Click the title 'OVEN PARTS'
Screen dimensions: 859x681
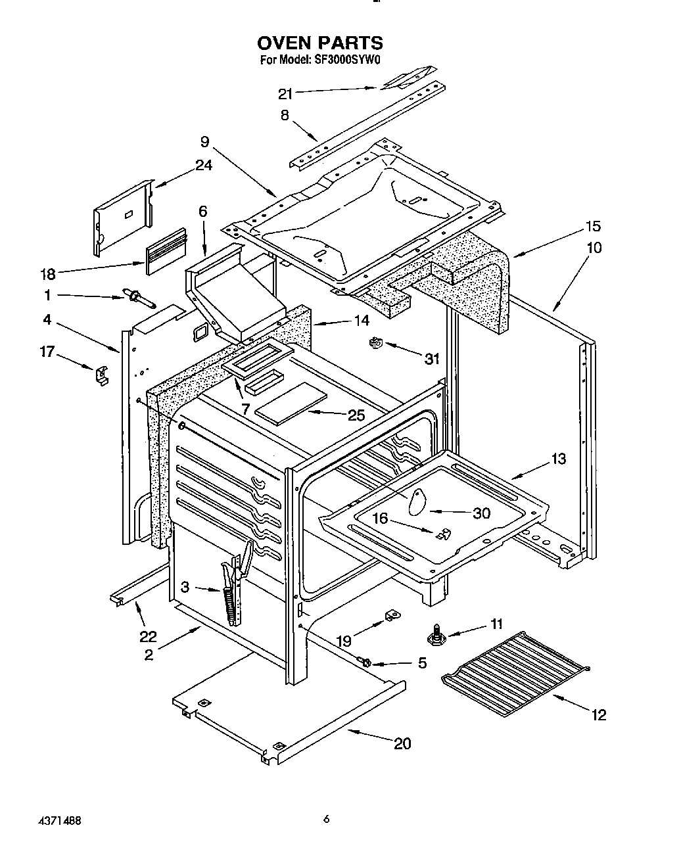click(x=319, y=43)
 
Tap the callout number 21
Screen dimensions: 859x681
click(x=285, y=93)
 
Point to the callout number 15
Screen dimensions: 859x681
click(x=593, y=226)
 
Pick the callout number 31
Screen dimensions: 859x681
click(x=431, y=359)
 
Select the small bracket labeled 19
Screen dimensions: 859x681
click(x=392, y=615)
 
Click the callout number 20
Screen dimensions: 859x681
click(x=402, y=743)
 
